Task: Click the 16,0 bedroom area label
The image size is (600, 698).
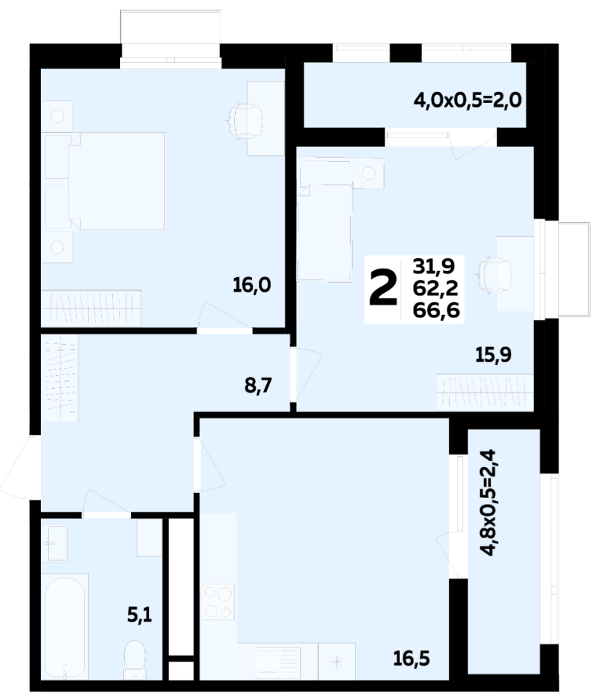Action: coord(252,285)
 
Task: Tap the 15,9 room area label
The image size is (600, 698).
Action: coord(493,355)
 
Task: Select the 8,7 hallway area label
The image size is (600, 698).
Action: coord(258,386)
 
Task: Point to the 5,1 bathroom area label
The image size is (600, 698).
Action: coord(140,616)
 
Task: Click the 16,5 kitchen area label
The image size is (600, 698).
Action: coord(412,659)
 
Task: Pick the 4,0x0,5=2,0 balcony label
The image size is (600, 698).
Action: coord(467,101)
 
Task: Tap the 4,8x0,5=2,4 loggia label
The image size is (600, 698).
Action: coord(488,503)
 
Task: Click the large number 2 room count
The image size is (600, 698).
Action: coord(382,289)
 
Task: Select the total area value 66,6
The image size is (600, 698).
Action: coord(436,310)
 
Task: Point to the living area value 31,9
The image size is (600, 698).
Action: coord(434,267)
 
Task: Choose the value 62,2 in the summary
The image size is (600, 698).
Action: coord(435,288)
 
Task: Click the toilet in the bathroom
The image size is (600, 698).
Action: coord(134,660)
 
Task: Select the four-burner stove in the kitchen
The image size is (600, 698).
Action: coord(219,602)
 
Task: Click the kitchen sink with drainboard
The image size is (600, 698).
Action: coord(278,661)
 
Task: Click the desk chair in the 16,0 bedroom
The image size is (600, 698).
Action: coord(243,119)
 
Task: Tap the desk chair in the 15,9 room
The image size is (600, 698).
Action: coord(495,276)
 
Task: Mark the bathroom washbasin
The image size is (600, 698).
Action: coord(56,543)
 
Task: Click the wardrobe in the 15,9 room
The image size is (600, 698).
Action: coord(485,392)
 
